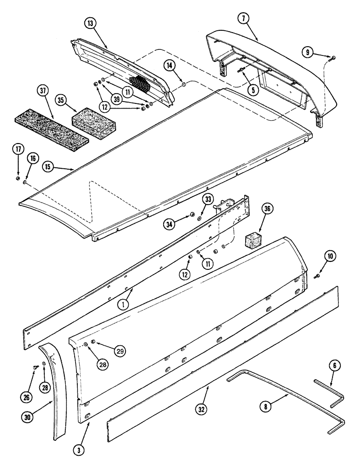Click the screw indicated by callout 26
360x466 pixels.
click(x=36, y=367)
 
